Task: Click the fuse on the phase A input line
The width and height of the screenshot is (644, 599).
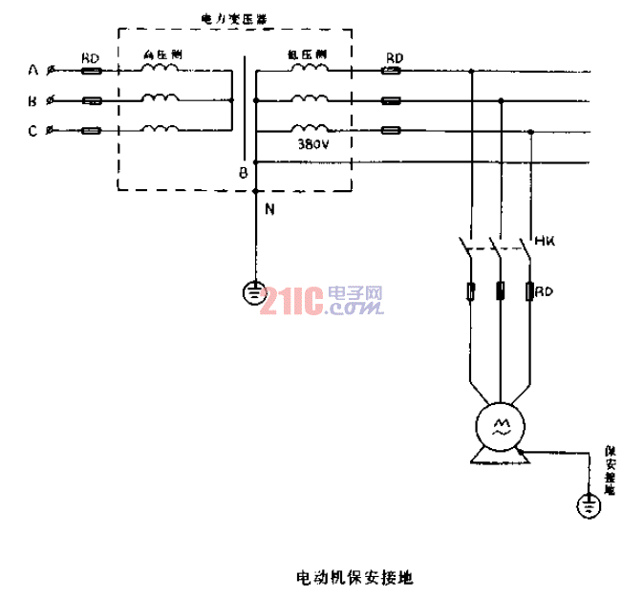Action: coord(92,70)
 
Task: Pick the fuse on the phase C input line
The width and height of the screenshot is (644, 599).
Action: coord(92,131)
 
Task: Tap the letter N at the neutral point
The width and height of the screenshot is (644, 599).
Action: coord(268,210)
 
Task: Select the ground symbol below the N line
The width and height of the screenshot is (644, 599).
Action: coord(254,290)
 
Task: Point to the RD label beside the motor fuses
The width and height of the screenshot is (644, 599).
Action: coord(545,289)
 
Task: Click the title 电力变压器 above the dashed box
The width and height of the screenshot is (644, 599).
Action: coord(232,18)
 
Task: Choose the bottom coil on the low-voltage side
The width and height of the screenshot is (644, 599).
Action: coord(310,129)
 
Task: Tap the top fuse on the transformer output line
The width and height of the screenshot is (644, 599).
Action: coord(392,70)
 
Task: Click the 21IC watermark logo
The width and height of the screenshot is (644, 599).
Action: coord(325,301)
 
